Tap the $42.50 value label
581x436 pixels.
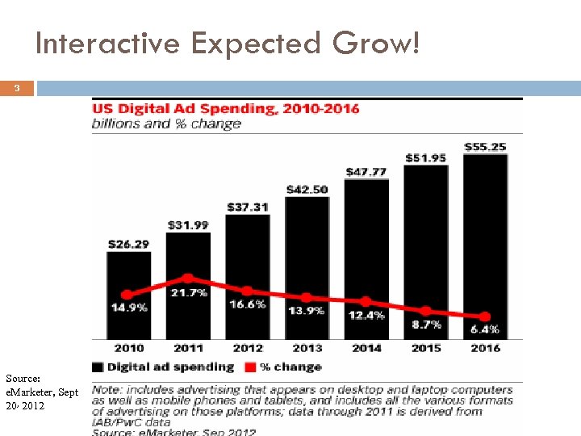(x=307, y=190)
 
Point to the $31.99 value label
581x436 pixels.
(x=188, y=224)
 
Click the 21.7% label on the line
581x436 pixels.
(x=189, y=293)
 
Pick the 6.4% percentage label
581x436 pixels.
(x=485, y=329)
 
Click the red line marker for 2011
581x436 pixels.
(x=188, y=279)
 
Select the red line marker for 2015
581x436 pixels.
(x=426, y=311)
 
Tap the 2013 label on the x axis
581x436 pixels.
(x=307, y=348)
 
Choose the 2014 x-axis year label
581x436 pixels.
(x=366, y=348)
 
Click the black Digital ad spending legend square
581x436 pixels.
(x=98, y=367)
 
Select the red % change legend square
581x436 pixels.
(x=250, y=367)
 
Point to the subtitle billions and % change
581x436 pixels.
(x=167, y=124)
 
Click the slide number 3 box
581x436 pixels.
(x=17, y=89)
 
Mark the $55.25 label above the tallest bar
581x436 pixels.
(x=485, y=147)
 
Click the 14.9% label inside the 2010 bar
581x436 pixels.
(x=129, y=308)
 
